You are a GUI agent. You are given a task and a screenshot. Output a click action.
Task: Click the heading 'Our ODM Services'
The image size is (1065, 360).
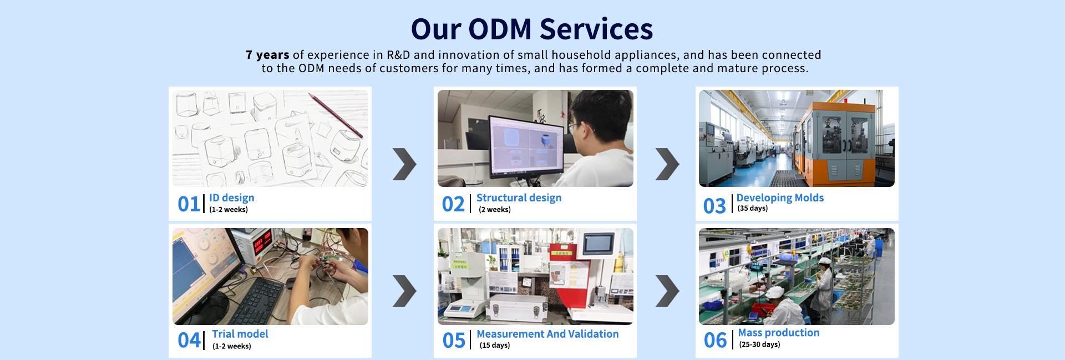[x=532, y=29]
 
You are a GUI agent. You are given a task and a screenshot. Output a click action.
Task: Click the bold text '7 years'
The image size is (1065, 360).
[x=267, y=55]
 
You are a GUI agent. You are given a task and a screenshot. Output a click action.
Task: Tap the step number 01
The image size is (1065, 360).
[x=189, y=204]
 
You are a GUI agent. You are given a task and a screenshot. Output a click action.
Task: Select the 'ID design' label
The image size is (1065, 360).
[x=232, y=197]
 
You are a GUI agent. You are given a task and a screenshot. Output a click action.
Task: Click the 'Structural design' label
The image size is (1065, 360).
[x=519, y=197]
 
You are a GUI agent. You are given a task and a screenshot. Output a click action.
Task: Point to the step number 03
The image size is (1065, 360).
[x=714, y=206]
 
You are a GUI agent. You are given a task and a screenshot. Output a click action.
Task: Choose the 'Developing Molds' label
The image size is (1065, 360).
[x=780, y=197]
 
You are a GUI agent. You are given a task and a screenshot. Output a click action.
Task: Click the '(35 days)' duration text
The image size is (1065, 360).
[x=753, y=209]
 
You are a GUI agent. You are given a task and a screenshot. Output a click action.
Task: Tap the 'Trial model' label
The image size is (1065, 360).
[x=240, y=334]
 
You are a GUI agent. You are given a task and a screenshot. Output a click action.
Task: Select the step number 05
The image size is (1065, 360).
[x=454, y=341]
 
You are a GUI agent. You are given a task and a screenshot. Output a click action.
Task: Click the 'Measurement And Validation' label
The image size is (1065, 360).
[x=547, y=334]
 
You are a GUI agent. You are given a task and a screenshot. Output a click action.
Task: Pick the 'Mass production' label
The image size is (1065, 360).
[x=779, y=333]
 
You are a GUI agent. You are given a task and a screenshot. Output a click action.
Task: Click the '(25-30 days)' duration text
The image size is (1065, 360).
[x=759, y=344]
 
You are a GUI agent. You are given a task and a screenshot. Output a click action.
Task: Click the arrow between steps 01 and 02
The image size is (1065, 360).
[x=404, y=164]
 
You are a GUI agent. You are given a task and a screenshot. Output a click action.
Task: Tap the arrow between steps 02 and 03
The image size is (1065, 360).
[x=667, y=164]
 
